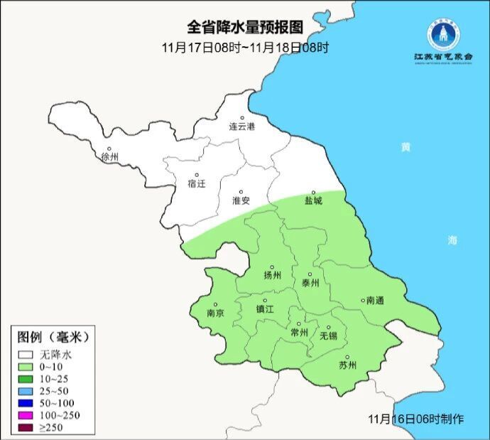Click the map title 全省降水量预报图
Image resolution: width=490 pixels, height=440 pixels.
tap(245, 28)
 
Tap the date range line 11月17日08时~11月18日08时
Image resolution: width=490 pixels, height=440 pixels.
tap(245, 48)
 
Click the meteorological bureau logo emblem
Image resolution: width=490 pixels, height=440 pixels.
tap(444, 33)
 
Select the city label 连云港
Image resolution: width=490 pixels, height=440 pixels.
tap(241, 127)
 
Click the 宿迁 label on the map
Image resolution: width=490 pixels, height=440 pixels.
tap(197, 183)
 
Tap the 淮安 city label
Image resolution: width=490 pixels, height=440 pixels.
tap(241, 200)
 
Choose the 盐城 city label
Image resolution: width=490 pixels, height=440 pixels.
tap(313, 200)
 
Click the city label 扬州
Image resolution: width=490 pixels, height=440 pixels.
tap(272, 276)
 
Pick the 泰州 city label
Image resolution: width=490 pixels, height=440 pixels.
tap(311, 282)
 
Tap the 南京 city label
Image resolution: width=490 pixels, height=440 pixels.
tap(214, 313)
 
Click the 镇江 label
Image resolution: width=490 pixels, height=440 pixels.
tap(265, 310)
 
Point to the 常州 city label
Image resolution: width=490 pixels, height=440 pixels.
tap(300, 332)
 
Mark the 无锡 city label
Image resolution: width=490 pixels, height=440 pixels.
tap(328, 336)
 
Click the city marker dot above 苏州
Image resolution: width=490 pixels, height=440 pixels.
tap(347, 358)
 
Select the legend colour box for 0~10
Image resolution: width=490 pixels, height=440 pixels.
tap(27, 366)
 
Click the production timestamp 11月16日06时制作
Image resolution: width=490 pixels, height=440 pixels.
tap(417, 419)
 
